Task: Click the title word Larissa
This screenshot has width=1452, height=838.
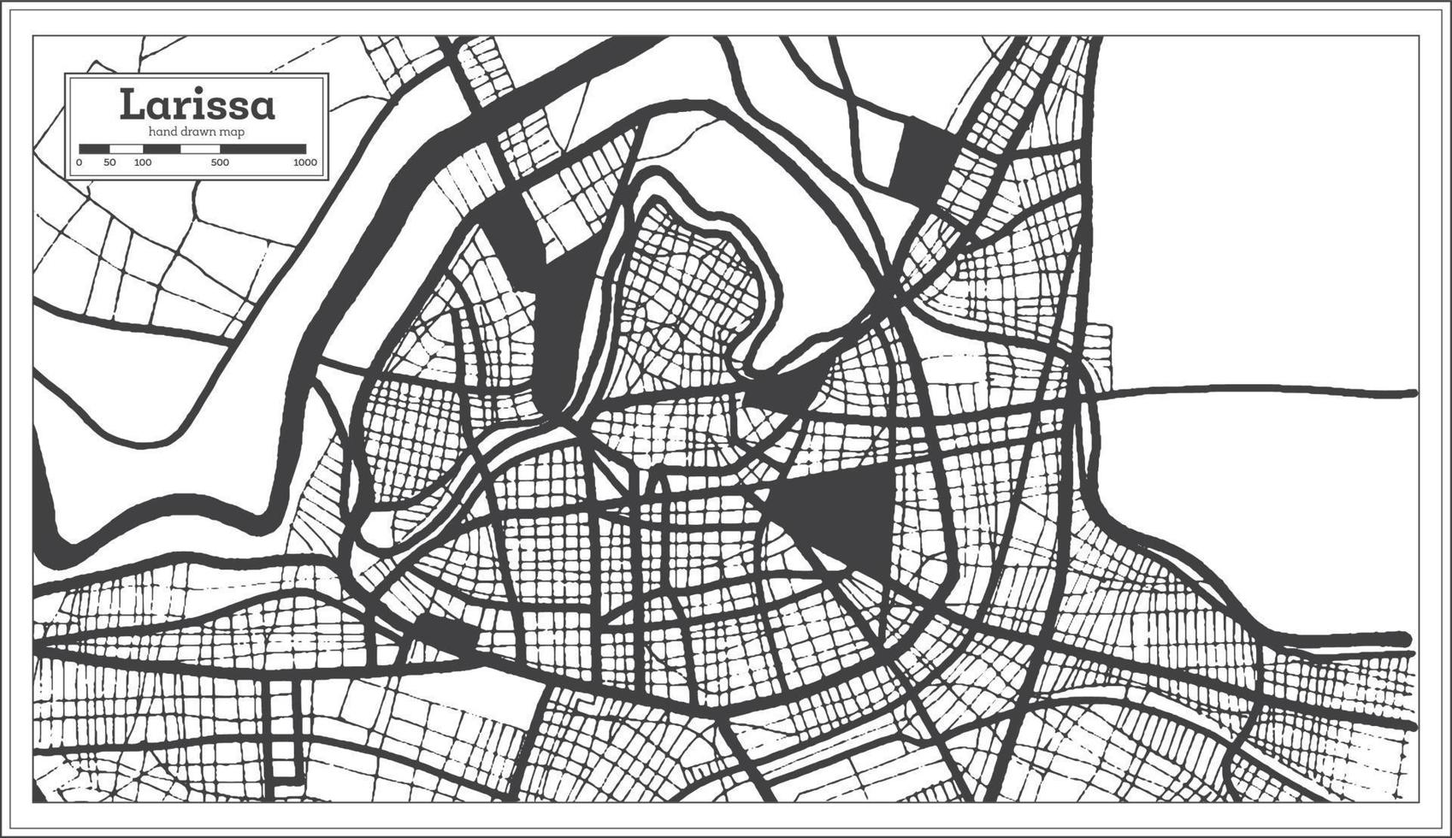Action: [198, 105]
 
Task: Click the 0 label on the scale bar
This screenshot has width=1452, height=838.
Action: [80, 162]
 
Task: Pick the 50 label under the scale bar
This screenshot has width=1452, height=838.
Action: [109, 162]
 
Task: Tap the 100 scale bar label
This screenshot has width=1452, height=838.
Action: [143, 162]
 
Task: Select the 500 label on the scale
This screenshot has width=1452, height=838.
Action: [220, 162]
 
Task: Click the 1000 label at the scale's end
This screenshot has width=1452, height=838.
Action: [304, 162]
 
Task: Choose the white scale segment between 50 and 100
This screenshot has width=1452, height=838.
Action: [126, 149]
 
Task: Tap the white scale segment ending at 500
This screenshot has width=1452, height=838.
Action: [200, 149]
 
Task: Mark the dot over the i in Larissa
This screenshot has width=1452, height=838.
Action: [184, 90]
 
